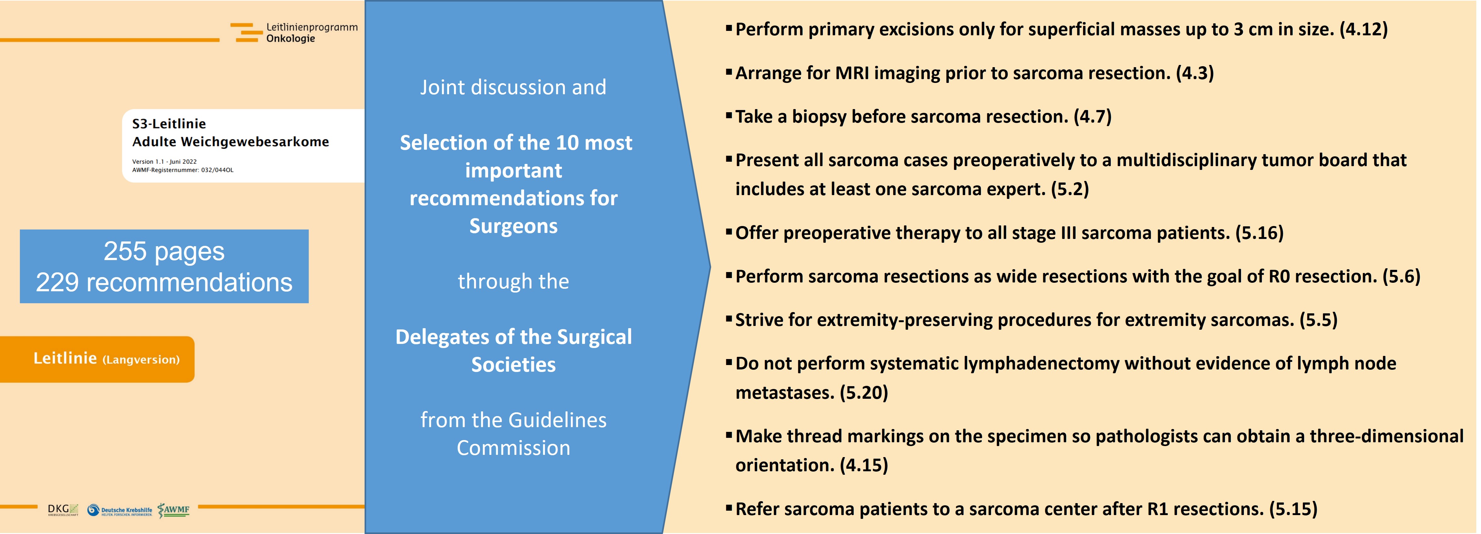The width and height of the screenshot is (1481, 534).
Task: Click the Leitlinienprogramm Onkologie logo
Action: click(x=294, y=33)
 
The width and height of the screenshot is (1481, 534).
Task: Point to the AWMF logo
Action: click(x=174, y=510)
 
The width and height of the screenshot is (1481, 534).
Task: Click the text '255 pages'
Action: click(x=164, y=251)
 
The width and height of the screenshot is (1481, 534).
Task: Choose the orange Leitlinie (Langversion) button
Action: click(x=97, y=359)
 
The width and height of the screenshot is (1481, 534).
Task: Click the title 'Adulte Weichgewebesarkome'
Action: click(x=231, y=142)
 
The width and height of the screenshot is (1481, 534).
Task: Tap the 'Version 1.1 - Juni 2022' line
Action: click(x=164, y=161)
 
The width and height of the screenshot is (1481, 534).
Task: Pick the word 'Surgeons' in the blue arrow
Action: click(x=513, y=226)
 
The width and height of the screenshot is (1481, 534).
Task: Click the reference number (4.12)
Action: click(x=1364, y=29)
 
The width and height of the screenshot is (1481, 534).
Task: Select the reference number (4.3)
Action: click(x=1195, y=73)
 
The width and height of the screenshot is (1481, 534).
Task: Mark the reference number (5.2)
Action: click(x=1070, y=189)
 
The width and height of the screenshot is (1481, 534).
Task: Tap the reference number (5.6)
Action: click(x=1402, y=276)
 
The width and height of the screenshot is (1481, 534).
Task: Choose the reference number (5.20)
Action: click(x=864, y=392)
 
